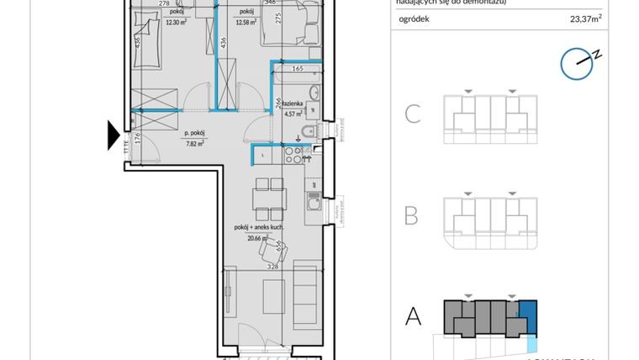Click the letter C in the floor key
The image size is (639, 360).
[412, 114]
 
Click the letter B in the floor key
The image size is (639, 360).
[411, 215]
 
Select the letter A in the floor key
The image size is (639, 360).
[413, 316]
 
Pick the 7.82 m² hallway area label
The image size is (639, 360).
[194, 143]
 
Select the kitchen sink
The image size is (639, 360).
[312, 203]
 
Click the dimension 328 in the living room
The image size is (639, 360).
[273, 266]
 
